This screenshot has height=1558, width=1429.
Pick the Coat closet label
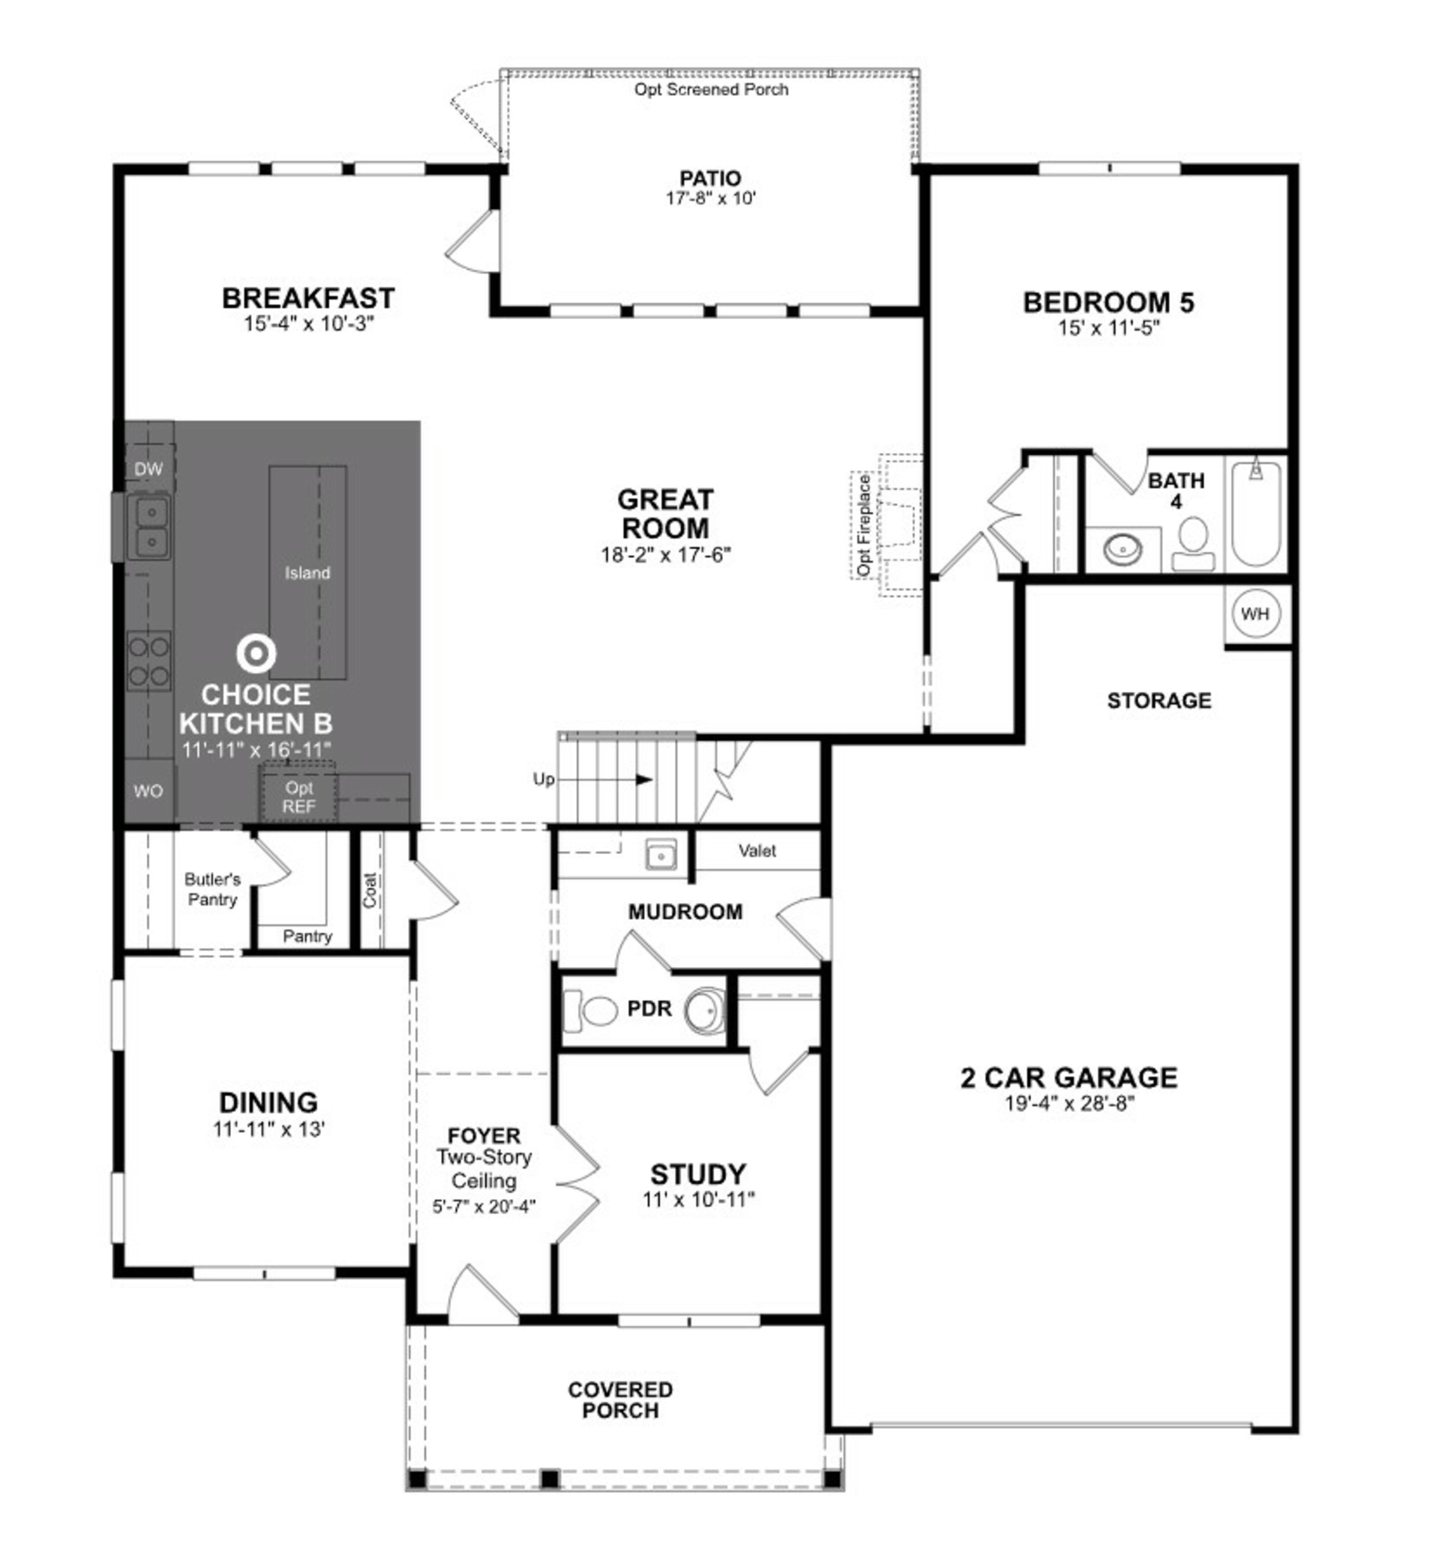click(x=370, y=890)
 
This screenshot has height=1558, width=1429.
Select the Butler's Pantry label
click(x=212, y=890)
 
